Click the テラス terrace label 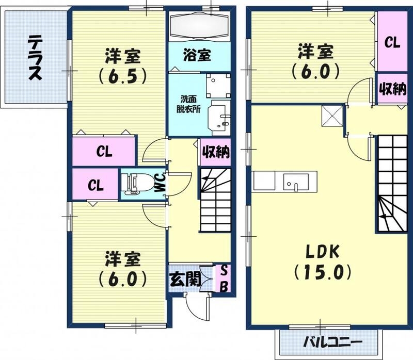pyautogui.click(x=35, y=57)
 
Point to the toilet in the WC pyautogui.click(x=137, y=184)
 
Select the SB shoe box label pyautogui.click(x=224, y=278)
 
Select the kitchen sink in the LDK pyautogui.click(x=296, y=182)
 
